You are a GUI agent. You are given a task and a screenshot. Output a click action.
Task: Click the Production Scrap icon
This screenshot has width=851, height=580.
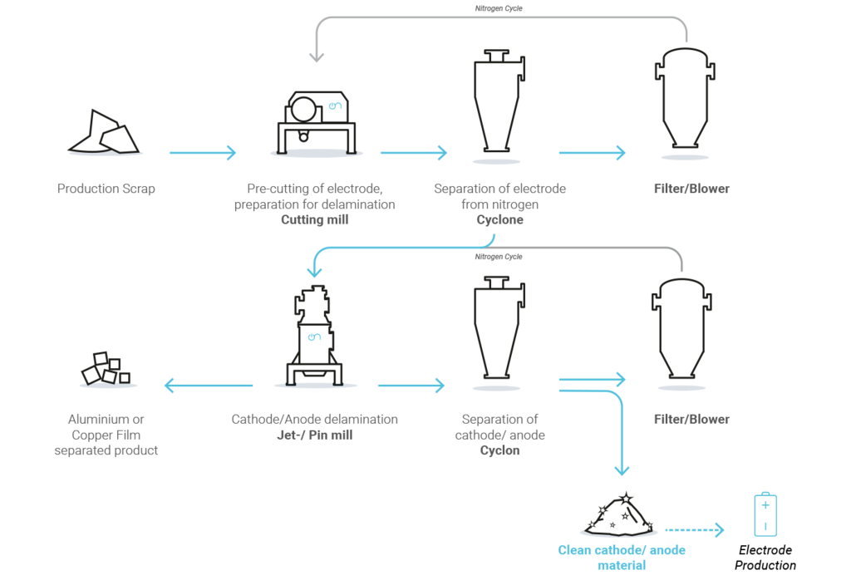pos(106,134)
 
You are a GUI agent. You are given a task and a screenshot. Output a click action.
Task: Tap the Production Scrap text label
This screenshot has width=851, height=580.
pos(106,189)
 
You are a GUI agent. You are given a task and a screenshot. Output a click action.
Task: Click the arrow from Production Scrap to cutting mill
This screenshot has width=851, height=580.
pos(202,153)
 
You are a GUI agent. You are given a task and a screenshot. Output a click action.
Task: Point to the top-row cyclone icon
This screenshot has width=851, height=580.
pos(497,103)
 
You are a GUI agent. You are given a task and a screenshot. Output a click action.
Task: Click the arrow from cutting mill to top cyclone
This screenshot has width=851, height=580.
pos(413,153)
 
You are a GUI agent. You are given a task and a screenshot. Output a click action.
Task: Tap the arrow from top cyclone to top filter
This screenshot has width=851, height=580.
pos(592,153)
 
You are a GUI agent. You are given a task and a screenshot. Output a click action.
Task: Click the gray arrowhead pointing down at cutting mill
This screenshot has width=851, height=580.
pos(315,57)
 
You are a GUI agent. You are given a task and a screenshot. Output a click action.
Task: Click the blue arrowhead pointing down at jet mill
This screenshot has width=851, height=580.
pos(315,271)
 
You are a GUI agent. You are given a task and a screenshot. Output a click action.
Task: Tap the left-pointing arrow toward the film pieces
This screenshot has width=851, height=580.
pos(208,386)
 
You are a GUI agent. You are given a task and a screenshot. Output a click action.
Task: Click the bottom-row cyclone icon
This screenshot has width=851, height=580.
pos(497,332)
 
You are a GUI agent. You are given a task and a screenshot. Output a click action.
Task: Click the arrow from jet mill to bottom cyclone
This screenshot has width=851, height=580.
pos(411,386)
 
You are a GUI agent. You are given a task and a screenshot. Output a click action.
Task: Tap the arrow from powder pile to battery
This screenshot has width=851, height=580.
pos(695,530)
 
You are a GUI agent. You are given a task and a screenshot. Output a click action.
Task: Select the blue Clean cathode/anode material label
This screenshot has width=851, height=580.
pos(622,558)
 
